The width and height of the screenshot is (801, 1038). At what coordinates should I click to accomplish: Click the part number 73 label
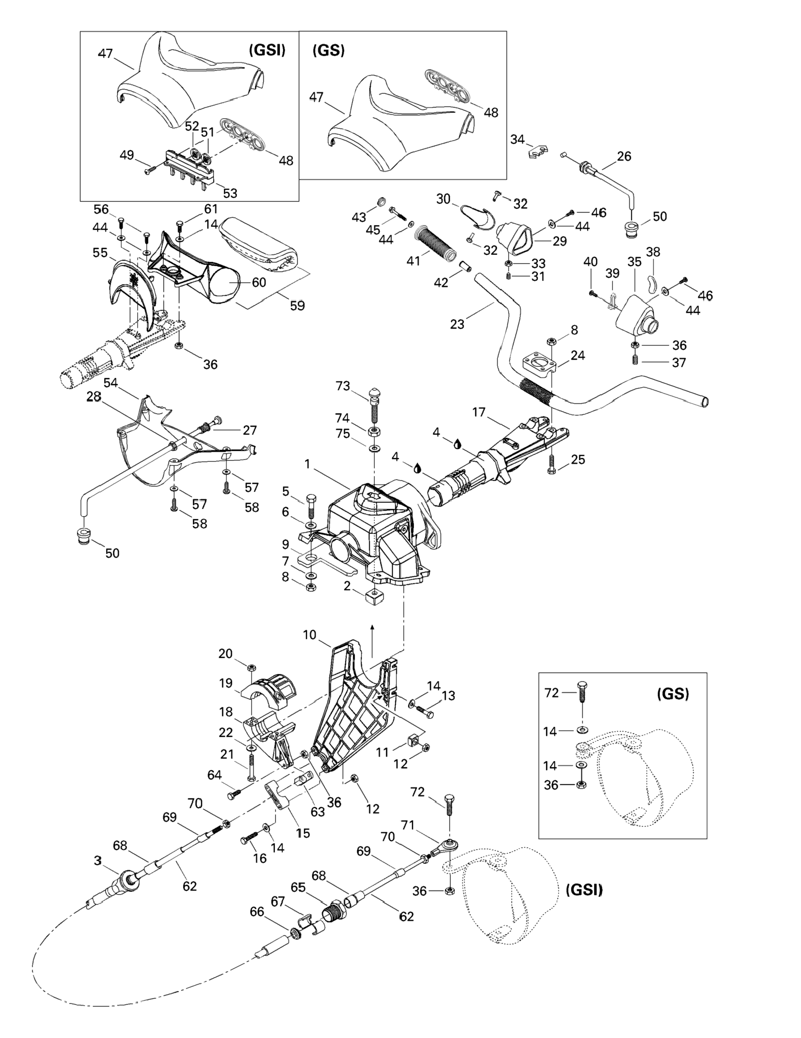[343, 386]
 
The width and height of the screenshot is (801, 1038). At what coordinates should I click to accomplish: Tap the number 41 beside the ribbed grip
[413, 261]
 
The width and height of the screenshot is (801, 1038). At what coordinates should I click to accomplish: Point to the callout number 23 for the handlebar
[457, 324]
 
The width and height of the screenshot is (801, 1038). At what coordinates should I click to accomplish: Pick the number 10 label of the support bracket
[309, 635]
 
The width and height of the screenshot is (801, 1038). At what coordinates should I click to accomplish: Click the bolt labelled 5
[311, 506]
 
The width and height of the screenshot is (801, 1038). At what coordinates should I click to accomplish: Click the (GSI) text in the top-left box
[267, 51]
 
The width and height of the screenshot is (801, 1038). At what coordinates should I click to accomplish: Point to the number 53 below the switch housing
[230, 193]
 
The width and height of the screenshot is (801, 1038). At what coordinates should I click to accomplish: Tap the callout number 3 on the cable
[98, 860]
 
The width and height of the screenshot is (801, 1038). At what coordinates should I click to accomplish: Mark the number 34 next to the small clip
[517, 139]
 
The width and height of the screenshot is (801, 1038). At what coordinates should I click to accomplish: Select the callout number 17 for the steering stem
[479, 412]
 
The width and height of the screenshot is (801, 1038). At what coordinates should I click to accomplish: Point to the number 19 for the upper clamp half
[226, 683]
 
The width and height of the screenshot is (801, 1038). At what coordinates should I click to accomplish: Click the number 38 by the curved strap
[653, 251]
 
